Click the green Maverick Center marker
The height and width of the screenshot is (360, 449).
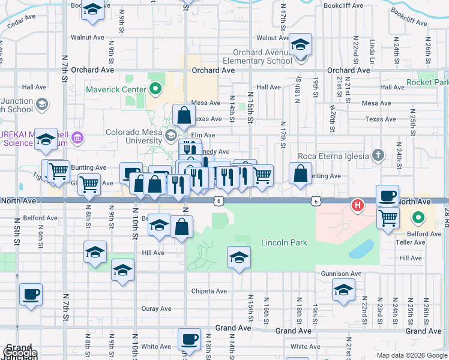(156, 90)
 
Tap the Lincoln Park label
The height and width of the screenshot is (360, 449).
(284, 242)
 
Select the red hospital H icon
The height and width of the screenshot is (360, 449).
(358, 206)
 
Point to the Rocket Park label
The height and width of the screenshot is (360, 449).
(427, 82)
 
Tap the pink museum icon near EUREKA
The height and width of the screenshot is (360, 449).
(76, 139)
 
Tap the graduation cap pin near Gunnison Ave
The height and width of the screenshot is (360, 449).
(343, 290)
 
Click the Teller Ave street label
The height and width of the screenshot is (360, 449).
(411, 242)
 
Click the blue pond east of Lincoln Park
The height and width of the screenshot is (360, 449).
(360, 248)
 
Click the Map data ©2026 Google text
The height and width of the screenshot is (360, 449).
(411, 355)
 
